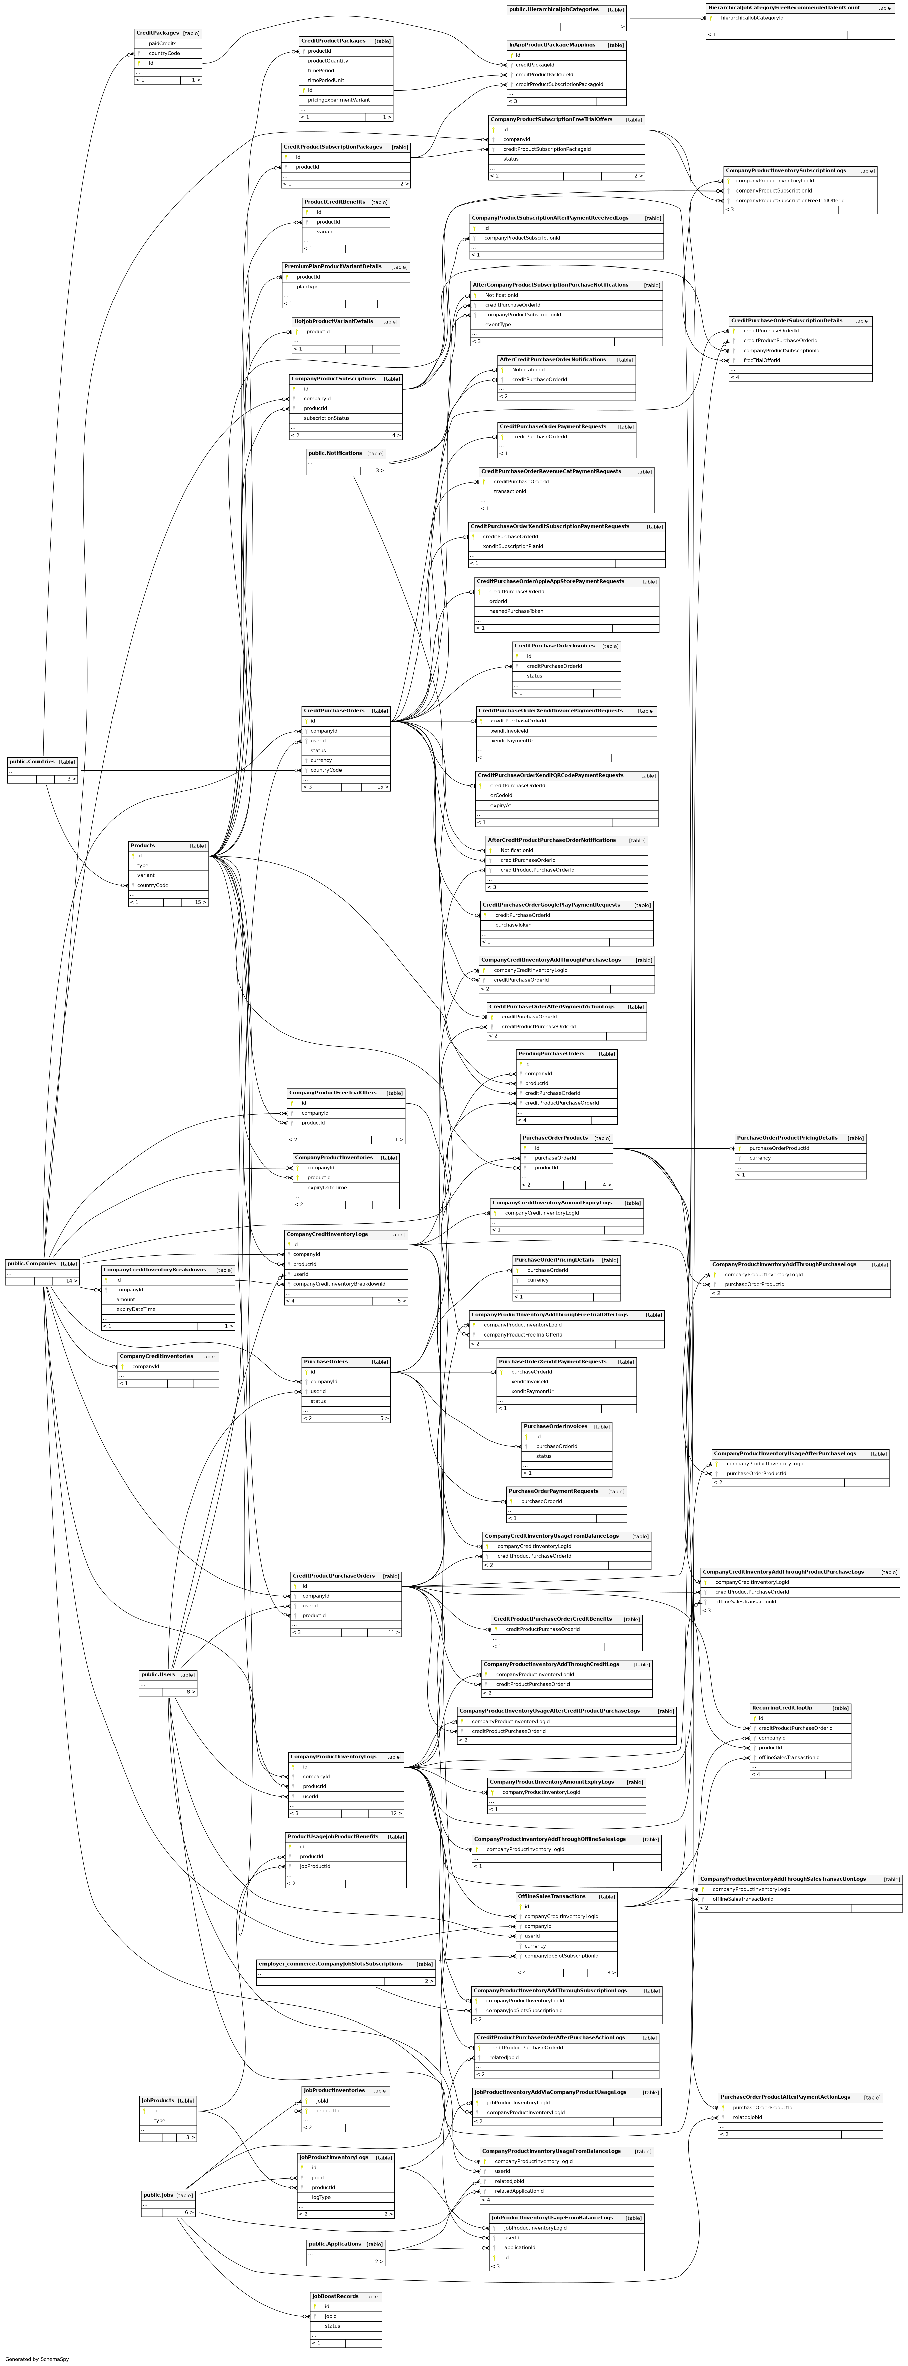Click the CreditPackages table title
tap(157, 33)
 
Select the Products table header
tap(142, 845)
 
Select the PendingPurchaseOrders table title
tap(551, 1054)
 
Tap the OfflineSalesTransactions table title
tap(551, 1896)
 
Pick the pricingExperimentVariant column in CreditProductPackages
tap(339, 100)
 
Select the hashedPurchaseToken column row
tap(516, 611)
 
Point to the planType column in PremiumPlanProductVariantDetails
tap(308, 287)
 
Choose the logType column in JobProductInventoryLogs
tap(321, 2197)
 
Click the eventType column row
tap(499, 324)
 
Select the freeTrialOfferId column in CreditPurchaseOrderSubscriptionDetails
tap(762, 360)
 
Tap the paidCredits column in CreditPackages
tap(162, 43)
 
